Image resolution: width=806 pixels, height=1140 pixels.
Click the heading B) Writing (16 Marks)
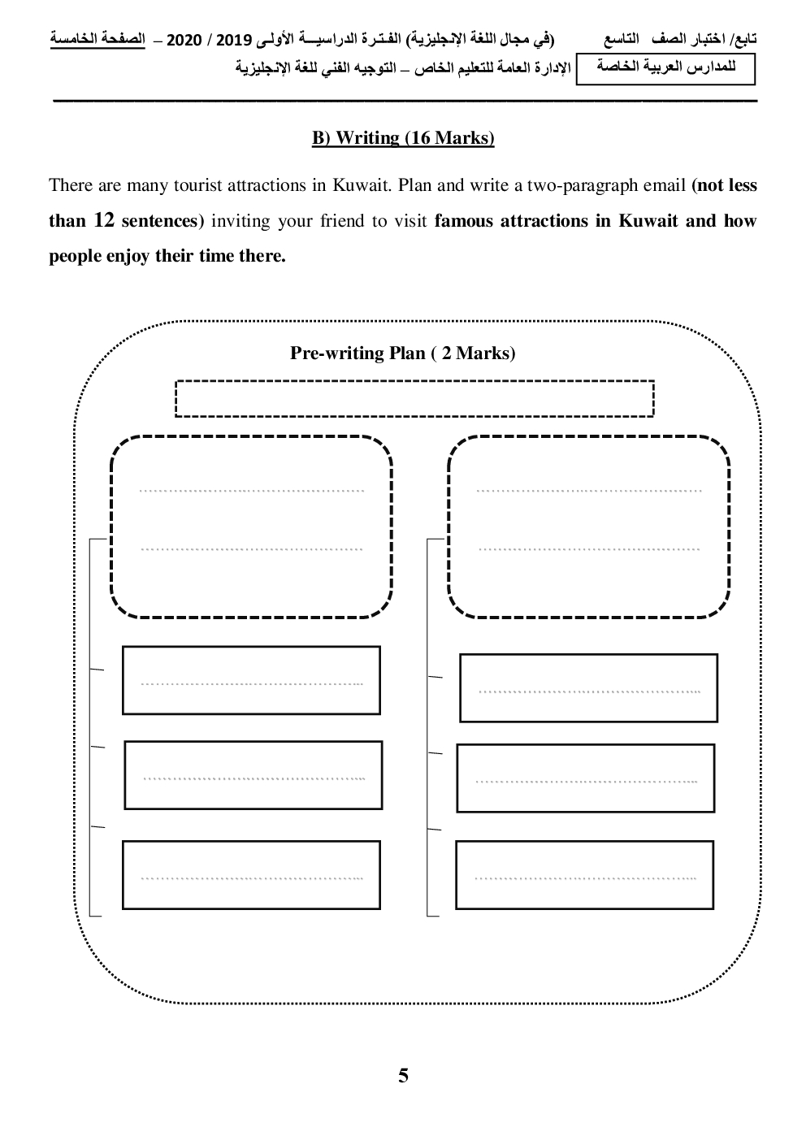click(x=403, y=138)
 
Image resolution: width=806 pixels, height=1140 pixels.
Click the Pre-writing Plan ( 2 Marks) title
click(x=402, y=353)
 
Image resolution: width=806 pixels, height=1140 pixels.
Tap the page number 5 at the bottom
click(x=404, y=1076)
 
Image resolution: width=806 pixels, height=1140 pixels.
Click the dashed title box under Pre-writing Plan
click(x=414, y=398)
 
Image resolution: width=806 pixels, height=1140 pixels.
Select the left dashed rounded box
click(x=251, y=527)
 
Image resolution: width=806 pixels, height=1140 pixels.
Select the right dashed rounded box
click(x=589, y=527)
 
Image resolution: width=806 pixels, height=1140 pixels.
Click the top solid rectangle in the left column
click(x=251, y=680)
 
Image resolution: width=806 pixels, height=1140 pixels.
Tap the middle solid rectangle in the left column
click(x=253, y=775)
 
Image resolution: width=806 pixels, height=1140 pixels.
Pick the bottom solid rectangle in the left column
click(x=251, y=874)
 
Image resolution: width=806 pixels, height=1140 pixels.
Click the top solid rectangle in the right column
click(x=588, y=687)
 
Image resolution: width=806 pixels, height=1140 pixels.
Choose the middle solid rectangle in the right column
click(x=585, y=778)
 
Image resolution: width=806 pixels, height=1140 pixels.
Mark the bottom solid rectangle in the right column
click(x=584, y=874)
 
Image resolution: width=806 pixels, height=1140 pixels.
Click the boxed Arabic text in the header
click(x=665, y=69)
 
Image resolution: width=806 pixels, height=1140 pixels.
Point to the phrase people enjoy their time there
click(x=167, y=256)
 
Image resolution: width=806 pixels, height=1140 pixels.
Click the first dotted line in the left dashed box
click(x=252, y=491)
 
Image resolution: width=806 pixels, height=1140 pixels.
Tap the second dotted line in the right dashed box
click(x=589, y=549)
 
